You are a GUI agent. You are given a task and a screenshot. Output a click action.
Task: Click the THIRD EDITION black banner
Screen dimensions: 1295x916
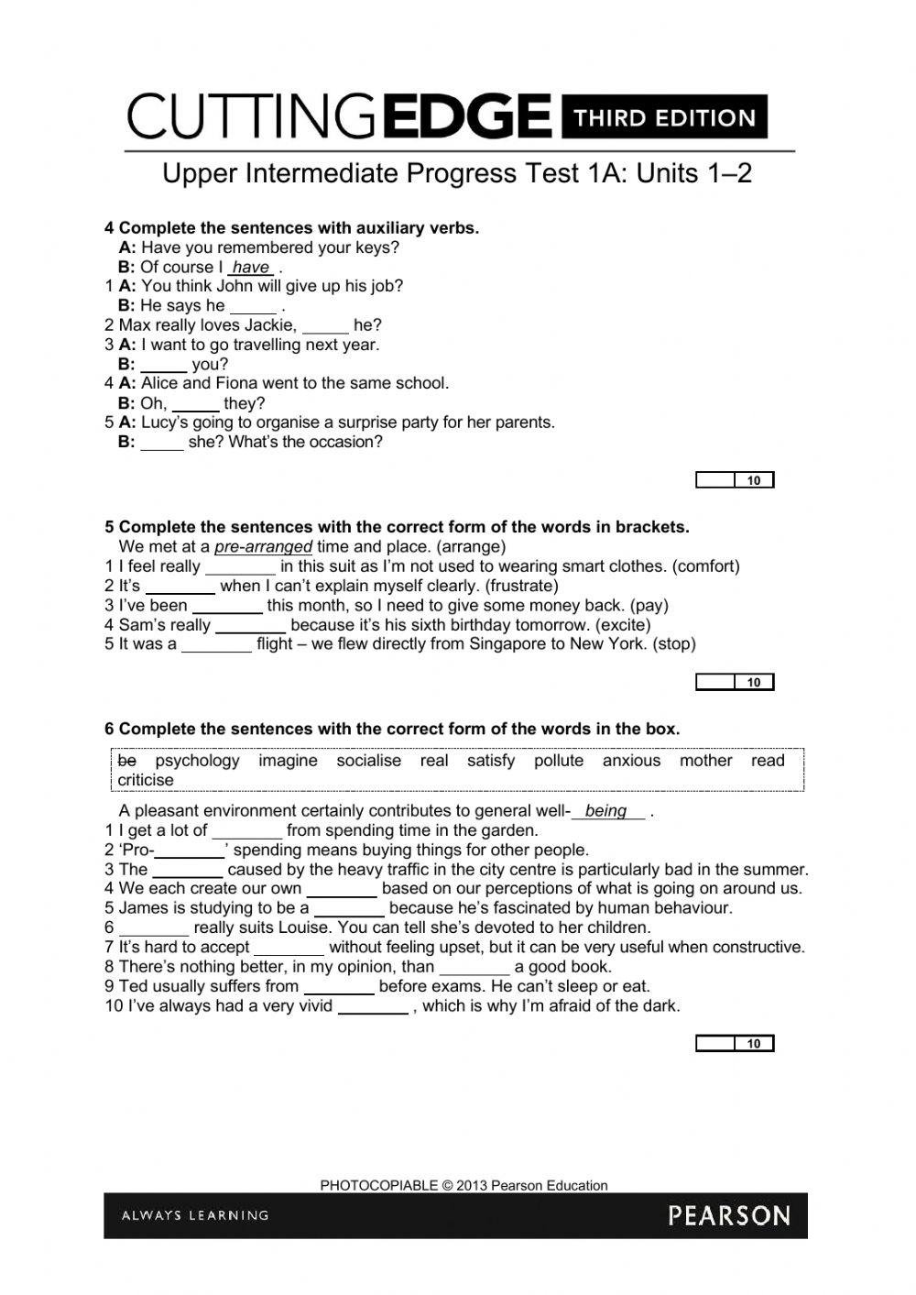tap(664, 117)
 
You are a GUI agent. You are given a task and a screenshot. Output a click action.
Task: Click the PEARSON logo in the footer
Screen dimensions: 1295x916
tap(728, 1216)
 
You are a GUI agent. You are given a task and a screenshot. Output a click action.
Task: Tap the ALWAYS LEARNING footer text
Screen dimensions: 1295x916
tap(195, 1215)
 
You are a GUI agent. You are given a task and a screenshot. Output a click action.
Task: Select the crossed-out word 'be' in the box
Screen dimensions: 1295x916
tap(126, 760)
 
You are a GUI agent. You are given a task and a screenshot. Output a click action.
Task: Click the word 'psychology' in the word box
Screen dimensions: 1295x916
tap(197, 760)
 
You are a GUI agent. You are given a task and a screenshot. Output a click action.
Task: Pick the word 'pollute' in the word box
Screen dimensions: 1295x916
tap(559, 760)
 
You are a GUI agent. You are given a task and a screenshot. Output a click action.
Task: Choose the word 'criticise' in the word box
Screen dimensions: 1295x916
tap(146, 780)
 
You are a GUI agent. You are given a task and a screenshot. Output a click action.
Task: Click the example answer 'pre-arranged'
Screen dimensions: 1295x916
tap(263, 547)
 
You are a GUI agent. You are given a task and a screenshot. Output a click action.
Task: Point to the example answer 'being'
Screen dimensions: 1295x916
tap(605, 810)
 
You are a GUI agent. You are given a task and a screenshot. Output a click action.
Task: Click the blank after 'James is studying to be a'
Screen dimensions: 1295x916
tap(349, 910)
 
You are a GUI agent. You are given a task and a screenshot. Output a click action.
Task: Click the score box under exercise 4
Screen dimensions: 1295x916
tap(735, 480)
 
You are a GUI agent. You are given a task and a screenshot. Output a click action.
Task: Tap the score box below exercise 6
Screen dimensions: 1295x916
tap(735, 1043)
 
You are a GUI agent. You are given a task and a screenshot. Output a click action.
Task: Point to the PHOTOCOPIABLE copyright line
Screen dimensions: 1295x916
tap(463, 1185)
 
